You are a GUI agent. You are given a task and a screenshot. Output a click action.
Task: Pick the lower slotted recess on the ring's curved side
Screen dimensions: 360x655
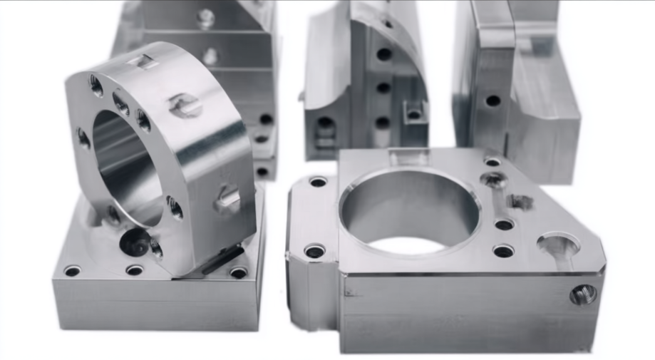229,199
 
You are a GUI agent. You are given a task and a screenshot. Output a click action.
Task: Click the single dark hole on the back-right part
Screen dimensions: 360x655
492,101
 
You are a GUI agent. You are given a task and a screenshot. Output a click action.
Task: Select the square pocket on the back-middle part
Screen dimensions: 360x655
413,113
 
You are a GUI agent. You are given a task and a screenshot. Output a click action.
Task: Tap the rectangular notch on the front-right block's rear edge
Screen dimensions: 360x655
408,155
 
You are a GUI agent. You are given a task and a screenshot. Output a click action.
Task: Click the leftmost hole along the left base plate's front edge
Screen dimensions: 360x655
72,271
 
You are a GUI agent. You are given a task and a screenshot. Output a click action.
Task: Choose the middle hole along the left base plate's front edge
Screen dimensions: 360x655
134,270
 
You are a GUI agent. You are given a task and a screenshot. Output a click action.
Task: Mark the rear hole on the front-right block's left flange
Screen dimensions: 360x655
318,182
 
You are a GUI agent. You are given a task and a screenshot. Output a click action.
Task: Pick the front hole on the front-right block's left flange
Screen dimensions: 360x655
314,251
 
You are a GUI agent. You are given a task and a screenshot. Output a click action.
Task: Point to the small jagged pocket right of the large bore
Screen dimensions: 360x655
519,202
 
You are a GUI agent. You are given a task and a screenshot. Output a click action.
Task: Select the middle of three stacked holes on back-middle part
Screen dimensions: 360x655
383,88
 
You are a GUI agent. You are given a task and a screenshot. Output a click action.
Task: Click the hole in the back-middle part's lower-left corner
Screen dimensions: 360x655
324,123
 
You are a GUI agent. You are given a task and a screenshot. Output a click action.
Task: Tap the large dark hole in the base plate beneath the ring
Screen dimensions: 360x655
133,243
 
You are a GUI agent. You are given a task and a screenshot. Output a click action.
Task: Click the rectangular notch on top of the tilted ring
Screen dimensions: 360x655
147,62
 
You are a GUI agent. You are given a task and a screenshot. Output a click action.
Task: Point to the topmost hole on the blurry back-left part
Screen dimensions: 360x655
205,18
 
